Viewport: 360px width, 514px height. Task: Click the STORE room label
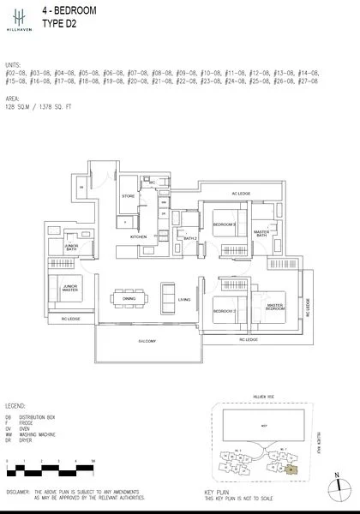[x=128, y=196]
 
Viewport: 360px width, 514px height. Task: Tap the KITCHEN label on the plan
[x=139, y=236]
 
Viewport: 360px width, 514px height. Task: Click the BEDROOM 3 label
[x=225, y=224]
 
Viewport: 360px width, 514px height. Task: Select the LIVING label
[x=183, y=300]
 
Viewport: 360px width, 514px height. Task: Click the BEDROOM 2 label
[x=225, y=310]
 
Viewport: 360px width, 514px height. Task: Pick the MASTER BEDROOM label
[x=275, y=307]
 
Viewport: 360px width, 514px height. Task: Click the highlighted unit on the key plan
[x=291, y=469]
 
